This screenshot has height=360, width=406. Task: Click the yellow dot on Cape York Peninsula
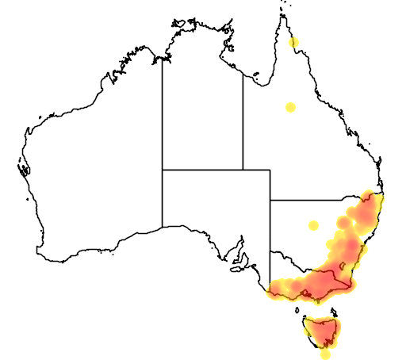coord(294,42)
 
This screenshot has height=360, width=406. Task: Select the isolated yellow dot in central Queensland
coord(291,107)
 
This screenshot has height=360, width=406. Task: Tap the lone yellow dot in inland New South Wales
coord(314,225)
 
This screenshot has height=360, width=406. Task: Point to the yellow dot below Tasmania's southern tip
coord(325,354)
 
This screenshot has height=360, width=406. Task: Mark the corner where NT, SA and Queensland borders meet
coord(243,170)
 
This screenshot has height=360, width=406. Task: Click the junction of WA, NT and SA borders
coord(163,170)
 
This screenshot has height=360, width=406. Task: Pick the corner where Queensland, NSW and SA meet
coord(270,200)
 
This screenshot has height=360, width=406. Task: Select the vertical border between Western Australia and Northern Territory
coord(163,111)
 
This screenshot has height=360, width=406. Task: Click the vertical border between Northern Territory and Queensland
coord(243,119)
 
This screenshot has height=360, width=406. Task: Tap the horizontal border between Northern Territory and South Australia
coord(202,170)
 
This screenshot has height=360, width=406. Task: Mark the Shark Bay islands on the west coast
coord(21,168)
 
